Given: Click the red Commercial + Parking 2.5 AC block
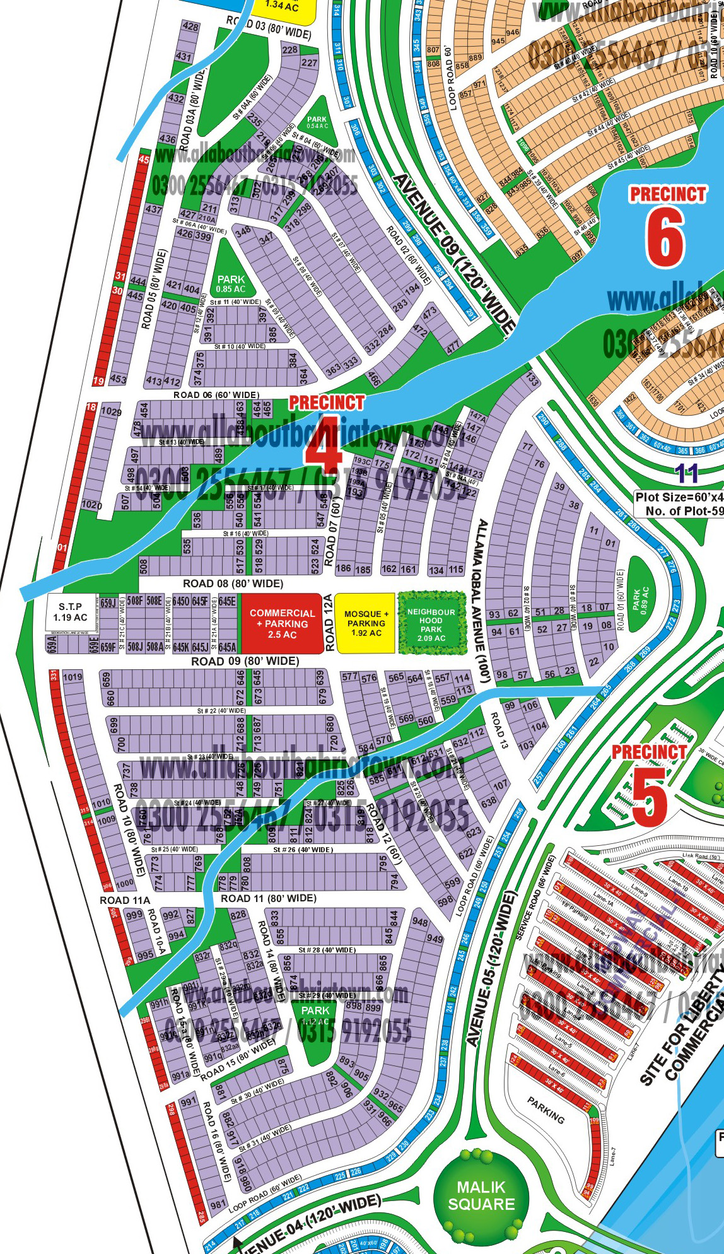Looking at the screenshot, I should tap(282, 623).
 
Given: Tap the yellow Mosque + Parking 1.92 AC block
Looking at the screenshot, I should tap(366, 623).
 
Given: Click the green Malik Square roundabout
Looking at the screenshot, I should tap(481, 1196).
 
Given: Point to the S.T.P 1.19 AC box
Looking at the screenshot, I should tap(71, 612).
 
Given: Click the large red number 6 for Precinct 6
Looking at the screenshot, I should tap(665, 238).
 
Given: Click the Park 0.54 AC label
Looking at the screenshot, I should tap(317, 122).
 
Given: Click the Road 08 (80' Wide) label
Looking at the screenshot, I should tap(233, 583).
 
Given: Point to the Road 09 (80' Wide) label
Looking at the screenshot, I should tap(245, 661).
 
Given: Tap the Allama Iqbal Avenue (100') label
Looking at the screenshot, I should tap(481, 601).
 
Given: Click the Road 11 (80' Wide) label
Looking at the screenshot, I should tap(268, 898).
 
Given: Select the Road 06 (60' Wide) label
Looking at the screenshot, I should tap(216, 395).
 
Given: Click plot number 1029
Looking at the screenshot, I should tap(111, 412).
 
